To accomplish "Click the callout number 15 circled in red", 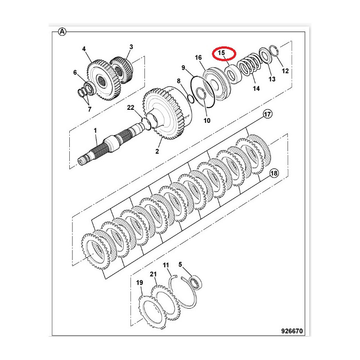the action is (x=221, y=53).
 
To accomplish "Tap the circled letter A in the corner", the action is (x=62, y=31).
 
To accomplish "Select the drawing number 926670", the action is (x=292, y=331).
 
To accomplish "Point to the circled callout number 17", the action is (x=267, y=114).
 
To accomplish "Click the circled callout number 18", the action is (x=274, y=173).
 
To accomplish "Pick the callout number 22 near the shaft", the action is (x=130, y=108).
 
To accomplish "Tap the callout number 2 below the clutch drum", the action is (x=157, y=151).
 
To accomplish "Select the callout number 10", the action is (x=207, y=120).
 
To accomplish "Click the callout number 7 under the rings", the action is (x=90, y=109).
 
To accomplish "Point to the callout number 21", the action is (x=153, y=274).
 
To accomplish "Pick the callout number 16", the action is (x=198, y=58).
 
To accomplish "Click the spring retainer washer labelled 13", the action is (x=266, y=55).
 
